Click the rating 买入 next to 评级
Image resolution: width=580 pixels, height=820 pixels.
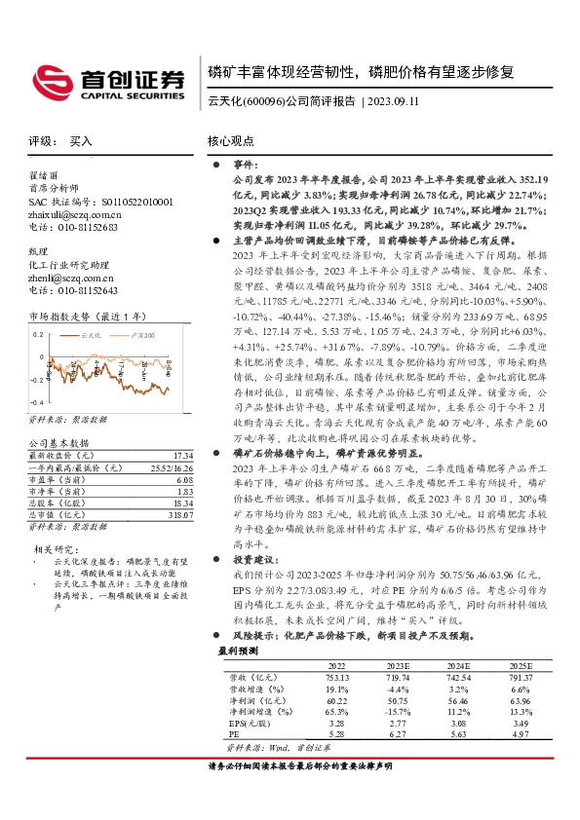click(x=81, y=141)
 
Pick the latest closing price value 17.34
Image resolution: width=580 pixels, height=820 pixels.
click(x=182, y=456)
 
